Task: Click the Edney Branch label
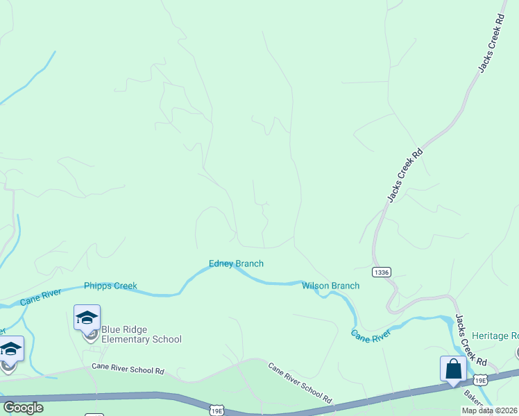coord(236,263)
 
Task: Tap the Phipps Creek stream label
coord(110,286)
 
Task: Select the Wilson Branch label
coord(330,286)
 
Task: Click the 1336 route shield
coord(381,272)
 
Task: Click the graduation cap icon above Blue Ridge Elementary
coord(87,318)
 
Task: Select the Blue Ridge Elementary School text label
coord(141,334)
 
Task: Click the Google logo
coord(23,408)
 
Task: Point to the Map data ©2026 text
coord(490,410)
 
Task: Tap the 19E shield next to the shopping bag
coord(480,380)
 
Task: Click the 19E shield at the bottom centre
coord(216,411)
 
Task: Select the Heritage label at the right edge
coord(495,336)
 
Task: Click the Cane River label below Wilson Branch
coord(371,336)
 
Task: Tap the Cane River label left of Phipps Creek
coord(40,300)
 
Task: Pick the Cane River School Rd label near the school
coord(128,370)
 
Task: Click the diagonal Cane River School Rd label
coord(300,384)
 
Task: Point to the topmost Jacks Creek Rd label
coord(489,44)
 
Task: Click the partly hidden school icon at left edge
coord(10,349)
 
